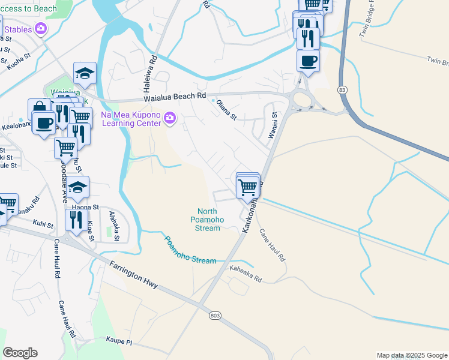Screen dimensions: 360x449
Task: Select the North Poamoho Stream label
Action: pyautogui.click(x=208, y=220)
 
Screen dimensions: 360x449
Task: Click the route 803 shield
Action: pyautogui.click(x=215, y=315)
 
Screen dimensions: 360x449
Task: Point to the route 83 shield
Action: pyautogui.click(x=342, y=89)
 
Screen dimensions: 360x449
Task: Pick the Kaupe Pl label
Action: pyautogui.click(x=119, y=341)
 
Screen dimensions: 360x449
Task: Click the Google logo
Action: pyautogui.click(x=20, y=353)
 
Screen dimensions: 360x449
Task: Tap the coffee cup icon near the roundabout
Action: pyautogui.click(x=308, y=61)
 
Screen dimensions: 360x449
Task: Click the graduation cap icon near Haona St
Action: pyautogui.click(x=78, y=188)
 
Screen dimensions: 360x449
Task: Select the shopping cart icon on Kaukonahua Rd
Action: pyautogui.click(x=248, y=187)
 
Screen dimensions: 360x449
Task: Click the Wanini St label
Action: pyautogui.click(x=271, y=125)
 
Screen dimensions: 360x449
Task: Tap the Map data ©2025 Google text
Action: pyautogui.click(x=412, y=355)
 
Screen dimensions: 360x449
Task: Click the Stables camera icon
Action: pyautogui.click(x=41, y=28)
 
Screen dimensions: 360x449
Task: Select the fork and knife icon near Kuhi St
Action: pyautogui.click(x=76, y=219)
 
